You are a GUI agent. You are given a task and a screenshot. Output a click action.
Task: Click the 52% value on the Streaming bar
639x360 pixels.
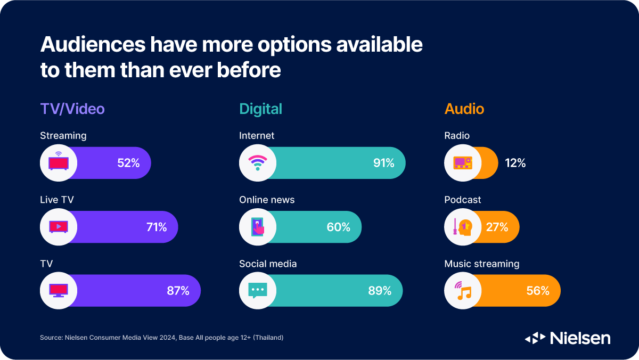(x=128, y=163)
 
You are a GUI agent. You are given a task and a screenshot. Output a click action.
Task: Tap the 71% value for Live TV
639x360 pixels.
(x=157, y=227)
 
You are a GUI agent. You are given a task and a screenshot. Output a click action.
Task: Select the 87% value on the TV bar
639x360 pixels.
(x=178, y=291)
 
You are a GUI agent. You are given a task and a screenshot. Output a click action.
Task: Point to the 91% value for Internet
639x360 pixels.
(x=383, y=163)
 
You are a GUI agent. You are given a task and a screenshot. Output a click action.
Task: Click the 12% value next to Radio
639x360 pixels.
(x=515, y=163)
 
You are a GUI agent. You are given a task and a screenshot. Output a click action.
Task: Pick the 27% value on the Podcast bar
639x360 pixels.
(x=497, y=227)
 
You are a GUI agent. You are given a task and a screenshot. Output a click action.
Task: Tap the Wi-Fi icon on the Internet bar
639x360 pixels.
(x=258, y=163)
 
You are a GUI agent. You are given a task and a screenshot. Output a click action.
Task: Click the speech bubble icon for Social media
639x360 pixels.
(x=258, y=291)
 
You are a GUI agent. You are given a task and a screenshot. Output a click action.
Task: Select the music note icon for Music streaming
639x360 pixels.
(x=463, y=291)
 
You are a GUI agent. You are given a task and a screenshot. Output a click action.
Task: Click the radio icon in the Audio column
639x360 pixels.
(x=463, y=163)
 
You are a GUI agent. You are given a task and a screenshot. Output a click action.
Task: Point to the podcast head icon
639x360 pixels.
(x=463, y=227)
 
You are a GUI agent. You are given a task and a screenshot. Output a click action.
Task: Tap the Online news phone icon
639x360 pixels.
(x=258, y=227)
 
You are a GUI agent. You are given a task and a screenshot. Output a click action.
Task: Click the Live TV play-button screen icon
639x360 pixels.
(x=59, y=227)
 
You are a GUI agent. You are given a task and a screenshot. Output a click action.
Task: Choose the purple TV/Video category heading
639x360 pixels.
(x=72, y=109)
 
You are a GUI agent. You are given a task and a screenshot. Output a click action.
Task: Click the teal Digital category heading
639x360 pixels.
(x=260, y=109)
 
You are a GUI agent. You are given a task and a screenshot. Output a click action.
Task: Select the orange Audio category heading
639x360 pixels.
(x=464, y=109)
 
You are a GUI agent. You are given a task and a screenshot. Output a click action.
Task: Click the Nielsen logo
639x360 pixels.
(x=568, y=338)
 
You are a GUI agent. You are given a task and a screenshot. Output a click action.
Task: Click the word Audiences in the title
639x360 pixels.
(x=92, y=45)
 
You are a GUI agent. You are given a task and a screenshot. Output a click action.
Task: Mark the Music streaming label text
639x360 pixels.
(x=482, y=264)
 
